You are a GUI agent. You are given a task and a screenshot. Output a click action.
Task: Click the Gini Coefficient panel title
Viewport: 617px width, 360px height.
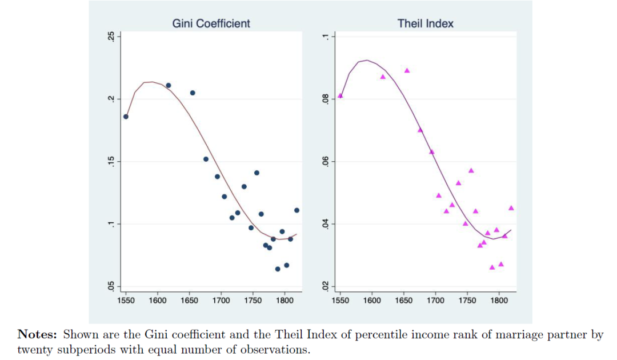pos(211,23)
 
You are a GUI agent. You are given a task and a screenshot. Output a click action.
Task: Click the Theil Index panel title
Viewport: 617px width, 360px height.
pos(425,23)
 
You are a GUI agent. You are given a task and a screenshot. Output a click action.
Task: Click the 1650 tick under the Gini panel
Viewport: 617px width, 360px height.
pos(189,300)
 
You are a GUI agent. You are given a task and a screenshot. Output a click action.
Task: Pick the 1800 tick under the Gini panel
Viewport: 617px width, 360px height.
pos(284,300)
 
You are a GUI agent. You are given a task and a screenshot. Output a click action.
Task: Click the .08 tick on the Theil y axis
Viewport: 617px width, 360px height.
pos(324,99)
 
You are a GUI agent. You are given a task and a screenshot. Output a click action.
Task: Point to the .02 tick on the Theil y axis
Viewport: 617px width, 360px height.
pos(324,286)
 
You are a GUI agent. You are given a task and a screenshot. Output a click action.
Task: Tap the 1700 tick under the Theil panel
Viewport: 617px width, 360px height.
pos(435,300)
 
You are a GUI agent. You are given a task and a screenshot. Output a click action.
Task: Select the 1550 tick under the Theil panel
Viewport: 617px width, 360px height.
pos(340,300)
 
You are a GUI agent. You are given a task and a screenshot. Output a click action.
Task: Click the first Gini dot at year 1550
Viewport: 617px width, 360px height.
pos(126,117)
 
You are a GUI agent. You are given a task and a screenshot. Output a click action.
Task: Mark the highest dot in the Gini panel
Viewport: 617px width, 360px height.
pos(169,85)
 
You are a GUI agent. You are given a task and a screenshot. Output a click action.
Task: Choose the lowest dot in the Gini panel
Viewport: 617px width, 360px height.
pos(278,269)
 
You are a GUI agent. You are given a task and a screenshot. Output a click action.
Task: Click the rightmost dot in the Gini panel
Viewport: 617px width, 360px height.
pos(297,210)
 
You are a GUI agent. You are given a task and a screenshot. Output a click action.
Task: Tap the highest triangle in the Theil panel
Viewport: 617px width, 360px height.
pos(407,70)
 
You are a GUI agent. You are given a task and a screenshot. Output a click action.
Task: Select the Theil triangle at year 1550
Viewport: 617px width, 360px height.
pos(340,95)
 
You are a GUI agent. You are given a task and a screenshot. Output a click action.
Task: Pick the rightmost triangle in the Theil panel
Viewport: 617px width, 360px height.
pos(511,208)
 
